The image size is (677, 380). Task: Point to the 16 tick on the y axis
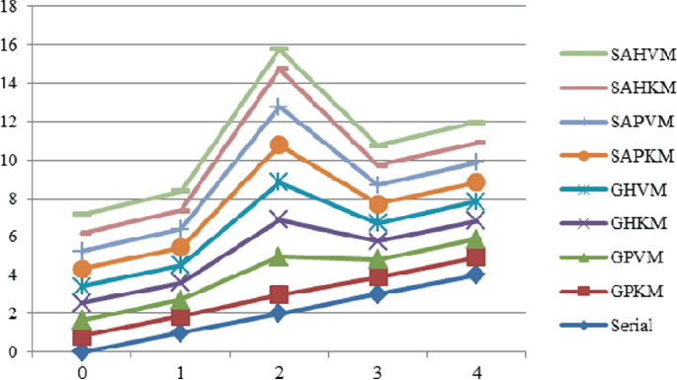(11, 44)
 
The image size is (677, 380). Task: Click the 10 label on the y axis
(11, 161)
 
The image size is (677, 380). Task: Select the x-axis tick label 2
(280, 372)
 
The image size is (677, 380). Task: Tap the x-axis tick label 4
(476, 372)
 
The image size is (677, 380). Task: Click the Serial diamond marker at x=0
(82, 352)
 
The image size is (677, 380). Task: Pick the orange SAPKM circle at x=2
(280, 145)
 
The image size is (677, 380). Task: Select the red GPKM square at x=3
(378, 277)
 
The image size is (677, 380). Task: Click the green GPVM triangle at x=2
(280, 257)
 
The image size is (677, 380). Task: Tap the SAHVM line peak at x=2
(280, 50)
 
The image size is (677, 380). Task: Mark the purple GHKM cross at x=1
(181, 283)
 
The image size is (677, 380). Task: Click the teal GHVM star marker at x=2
(280, 182)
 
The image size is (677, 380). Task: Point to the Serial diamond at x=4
(476, 274)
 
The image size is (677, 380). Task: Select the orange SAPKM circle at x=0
(82, 269)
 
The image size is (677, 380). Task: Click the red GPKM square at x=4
(476, 258)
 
